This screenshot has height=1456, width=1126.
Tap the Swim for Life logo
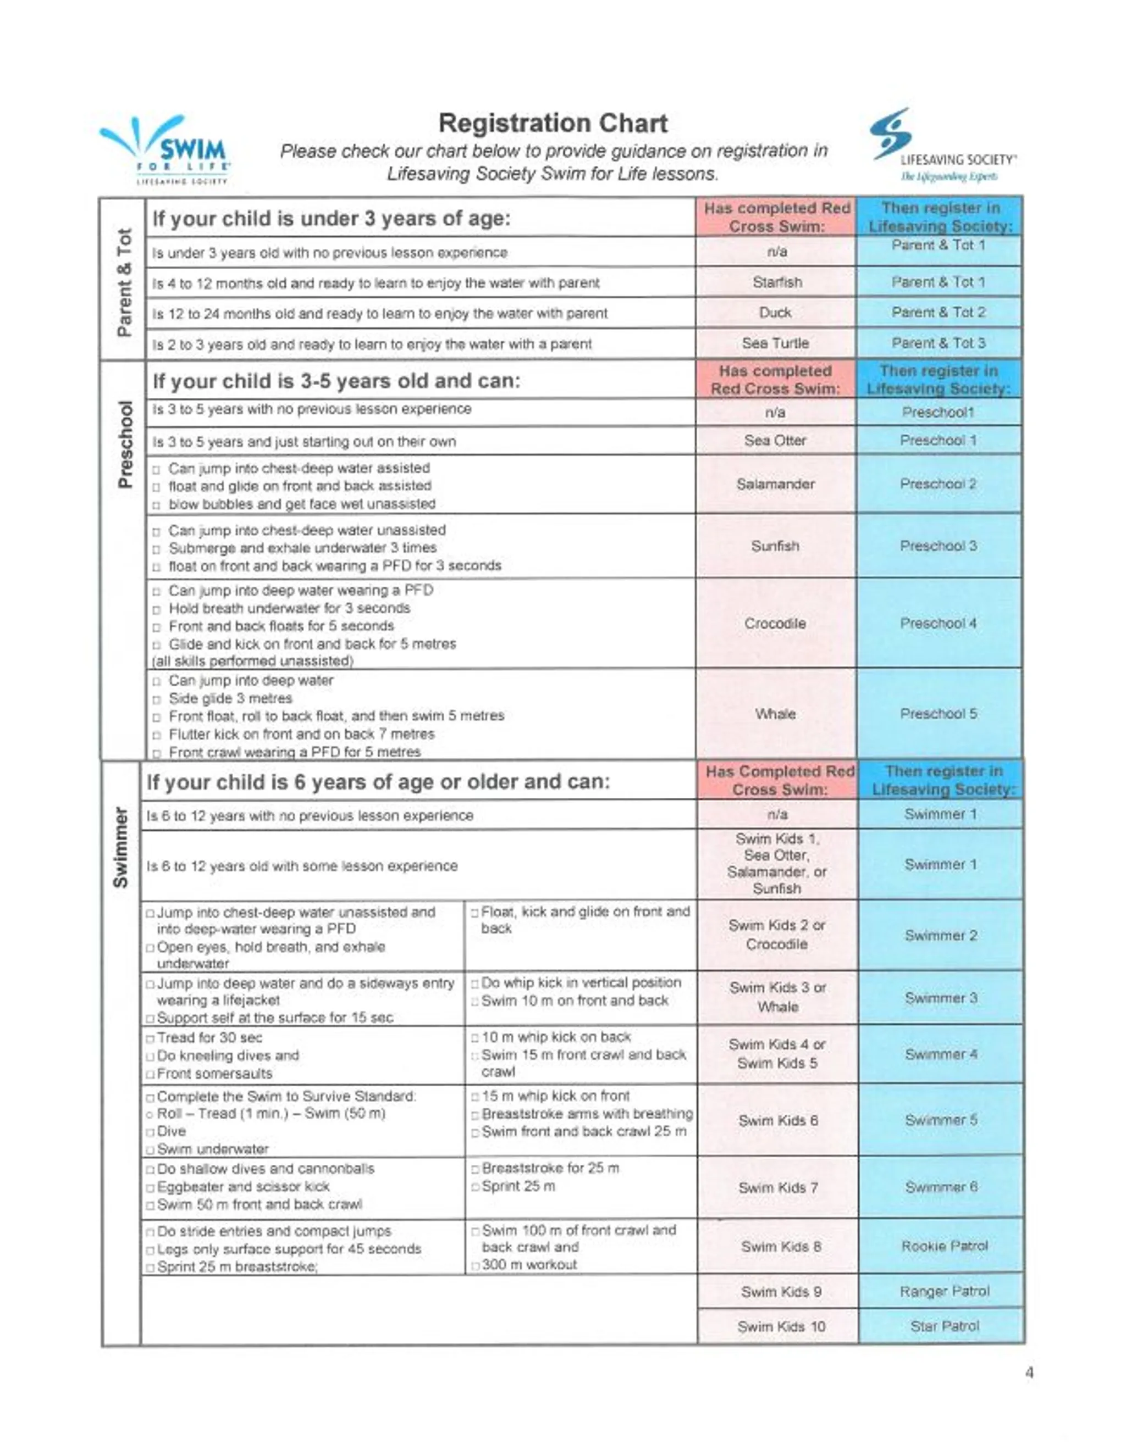pos(167,151)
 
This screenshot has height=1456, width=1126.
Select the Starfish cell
pos(776,282)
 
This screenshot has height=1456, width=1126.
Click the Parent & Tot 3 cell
pos(938,343)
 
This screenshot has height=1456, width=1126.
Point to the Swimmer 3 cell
pos(941,998)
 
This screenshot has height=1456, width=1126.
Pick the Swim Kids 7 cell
pos(778,1188)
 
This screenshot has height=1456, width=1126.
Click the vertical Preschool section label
pos(124,444)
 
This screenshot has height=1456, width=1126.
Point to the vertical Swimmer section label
pos(121,847)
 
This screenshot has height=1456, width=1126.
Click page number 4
pos(1029,1372)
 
